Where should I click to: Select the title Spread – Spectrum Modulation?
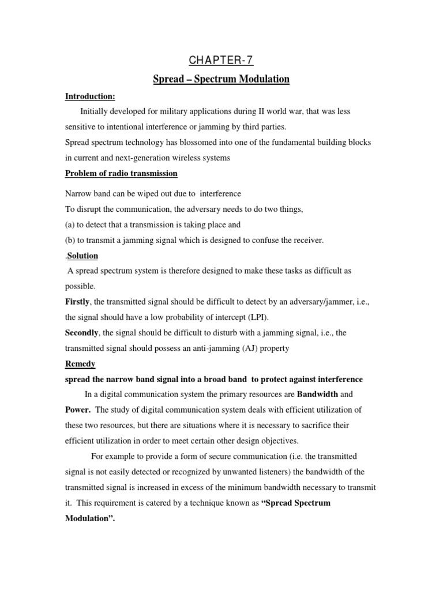[x=221, y=79]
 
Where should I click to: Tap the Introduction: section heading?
[x=87, y=96]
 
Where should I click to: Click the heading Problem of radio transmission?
[x=121, y=173]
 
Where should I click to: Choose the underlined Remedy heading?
[x=80, y=364]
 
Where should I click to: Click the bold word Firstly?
[x=77, y=301]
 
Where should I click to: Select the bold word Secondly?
[x=82, y=333]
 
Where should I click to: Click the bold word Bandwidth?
[x=317, y=395]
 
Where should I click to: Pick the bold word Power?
[x=77, y=410]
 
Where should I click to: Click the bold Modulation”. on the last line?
[x=90, y=519]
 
